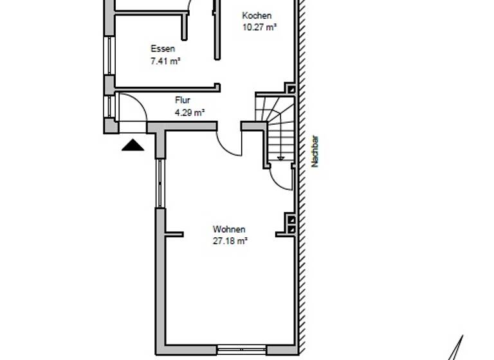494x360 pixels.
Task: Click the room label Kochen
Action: click(257, 15)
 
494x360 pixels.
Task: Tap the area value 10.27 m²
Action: click(259, 27)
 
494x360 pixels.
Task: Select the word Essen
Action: click(163, 49)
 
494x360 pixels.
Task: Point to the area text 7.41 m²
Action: click(165, 61)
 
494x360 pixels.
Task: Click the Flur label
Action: click(183, 100)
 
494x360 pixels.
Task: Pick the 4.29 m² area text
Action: click(190, 112)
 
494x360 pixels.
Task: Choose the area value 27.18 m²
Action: click(230, 241)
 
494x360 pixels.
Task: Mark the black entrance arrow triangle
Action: click(134, 145)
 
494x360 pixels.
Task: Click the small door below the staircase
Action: click(280, 177)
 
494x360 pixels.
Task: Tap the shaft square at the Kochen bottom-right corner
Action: click(291, 89)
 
